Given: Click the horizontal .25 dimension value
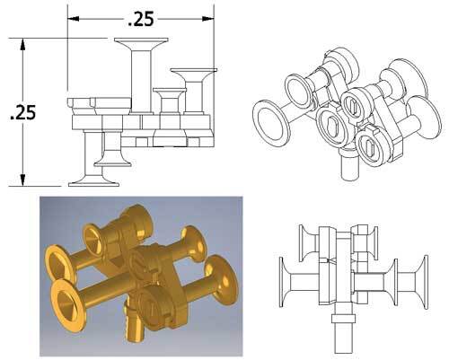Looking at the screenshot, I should tap(142, 17).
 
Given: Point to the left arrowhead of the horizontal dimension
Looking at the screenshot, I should tap(74, 17).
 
